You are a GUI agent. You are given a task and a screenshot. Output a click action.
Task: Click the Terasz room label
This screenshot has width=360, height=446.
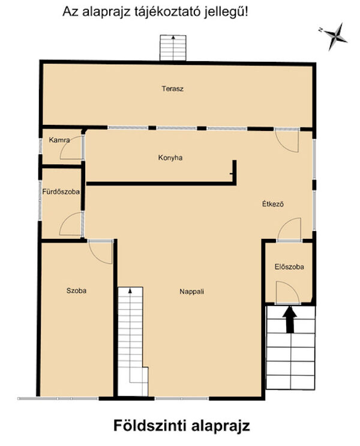(173, 89)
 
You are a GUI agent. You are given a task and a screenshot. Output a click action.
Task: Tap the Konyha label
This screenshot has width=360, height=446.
(170, 158)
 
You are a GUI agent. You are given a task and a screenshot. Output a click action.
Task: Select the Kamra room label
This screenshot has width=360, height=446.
(59, 140)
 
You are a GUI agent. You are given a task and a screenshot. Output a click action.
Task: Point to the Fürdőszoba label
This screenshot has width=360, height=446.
(61, 191)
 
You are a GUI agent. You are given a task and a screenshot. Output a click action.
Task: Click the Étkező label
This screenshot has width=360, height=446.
(273, 204)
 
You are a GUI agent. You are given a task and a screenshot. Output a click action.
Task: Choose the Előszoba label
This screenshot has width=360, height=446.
(289, 267)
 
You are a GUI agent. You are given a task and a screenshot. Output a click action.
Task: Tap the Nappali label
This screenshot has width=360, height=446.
(191, 292)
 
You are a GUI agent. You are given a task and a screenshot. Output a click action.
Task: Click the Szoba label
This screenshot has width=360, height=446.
(76, 291)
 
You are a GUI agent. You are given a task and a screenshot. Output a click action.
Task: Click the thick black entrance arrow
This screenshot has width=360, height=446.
(290, 319)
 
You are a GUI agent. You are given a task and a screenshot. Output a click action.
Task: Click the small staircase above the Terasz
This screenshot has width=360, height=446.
(173, 48)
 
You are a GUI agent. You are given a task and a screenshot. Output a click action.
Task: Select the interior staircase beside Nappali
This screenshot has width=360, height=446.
(133, 342)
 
